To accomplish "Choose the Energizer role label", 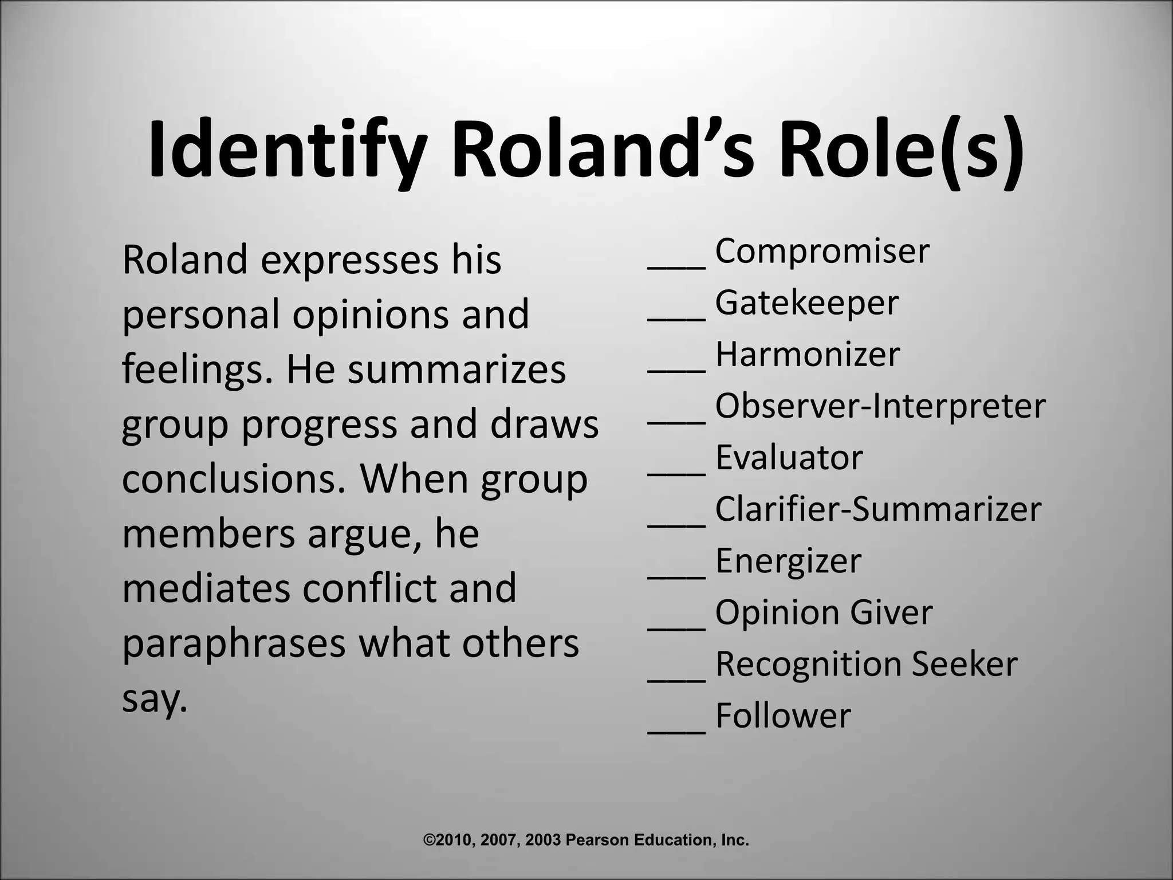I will (x=788, y=561).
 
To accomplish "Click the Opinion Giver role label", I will (x=824, y=612).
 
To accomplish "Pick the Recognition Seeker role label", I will (x=866, y=664).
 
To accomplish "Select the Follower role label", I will (x=783, y=716).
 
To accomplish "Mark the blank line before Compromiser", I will (x=676, y=266).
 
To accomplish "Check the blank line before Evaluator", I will (x=676, y=473).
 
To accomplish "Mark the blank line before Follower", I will (x=676, y=732).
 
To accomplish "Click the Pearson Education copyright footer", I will (x=586, y=840).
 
